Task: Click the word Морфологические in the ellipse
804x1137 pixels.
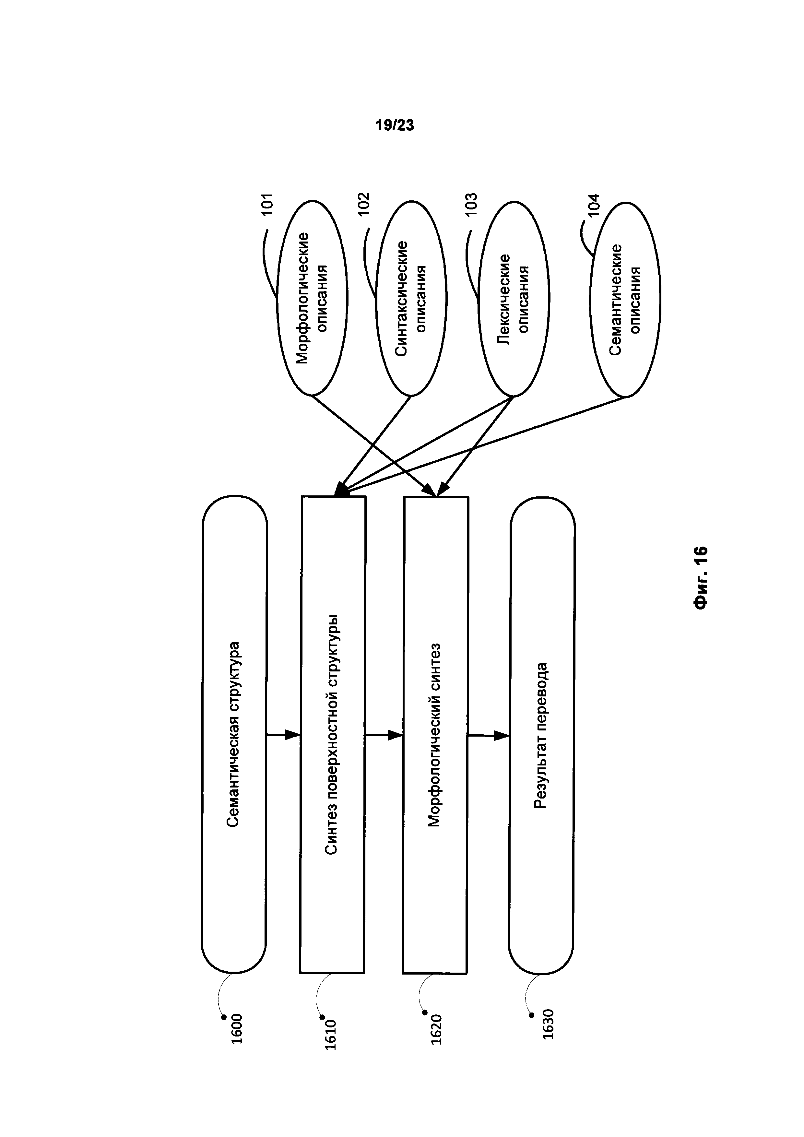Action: tap(302, 298)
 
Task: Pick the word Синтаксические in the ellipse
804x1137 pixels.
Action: tap(401, 298)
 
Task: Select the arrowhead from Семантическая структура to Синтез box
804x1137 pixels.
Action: tap(294, 735)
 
